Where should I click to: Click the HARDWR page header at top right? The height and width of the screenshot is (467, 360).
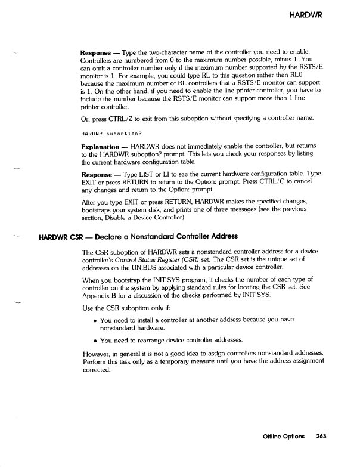[x=305, y=14]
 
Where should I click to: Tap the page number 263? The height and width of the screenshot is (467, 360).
[x=322, y=435]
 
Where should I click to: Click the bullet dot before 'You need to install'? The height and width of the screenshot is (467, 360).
[x=95, y=320]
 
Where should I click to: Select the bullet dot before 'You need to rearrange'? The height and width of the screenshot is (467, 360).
[x=95, y=341]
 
